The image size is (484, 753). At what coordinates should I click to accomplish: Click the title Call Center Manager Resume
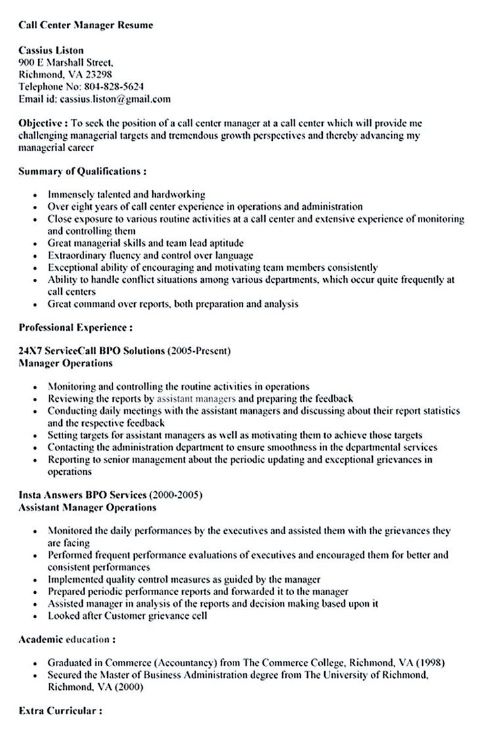tap(85, 25)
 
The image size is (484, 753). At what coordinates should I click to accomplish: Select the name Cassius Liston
tap(51, 50)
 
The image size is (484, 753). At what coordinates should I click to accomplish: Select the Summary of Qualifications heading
tap(82, 171)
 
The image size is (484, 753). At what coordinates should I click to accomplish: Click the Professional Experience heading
tap(76, 326)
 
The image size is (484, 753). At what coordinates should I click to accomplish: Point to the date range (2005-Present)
tap(200, 351)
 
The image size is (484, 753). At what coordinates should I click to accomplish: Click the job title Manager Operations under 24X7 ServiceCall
tap(65, 363)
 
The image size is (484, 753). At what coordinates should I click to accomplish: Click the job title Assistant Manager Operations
tap(87, 507)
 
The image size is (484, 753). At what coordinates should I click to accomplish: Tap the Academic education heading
tap(68, 639)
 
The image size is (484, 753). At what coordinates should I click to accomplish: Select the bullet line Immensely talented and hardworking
tap(126, 195)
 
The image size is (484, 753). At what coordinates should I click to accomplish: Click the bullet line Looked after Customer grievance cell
tap(128, 616)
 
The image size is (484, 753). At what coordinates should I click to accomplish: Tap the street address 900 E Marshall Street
tap(70, 62)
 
